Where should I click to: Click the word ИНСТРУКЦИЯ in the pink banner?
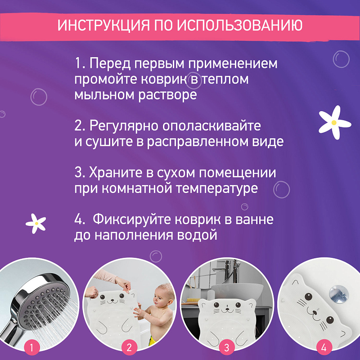click(x=103, y=25)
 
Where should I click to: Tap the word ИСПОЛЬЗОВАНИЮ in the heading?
click(x=240, y=25)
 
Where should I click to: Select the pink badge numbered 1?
click(x=31, y=347)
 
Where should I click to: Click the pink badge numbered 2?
click(x=130, y=347)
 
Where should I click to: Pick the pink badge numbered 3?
click(x=227, y=347)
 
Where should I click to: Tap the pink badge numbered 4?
click(x=324, y=347)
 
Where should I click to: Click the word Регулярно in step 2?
click(x=117, y=126)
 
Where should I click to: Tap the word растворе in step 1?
click(x=167, y=95)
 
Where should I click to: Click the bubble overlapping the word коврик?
click(x=193, y=81)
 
